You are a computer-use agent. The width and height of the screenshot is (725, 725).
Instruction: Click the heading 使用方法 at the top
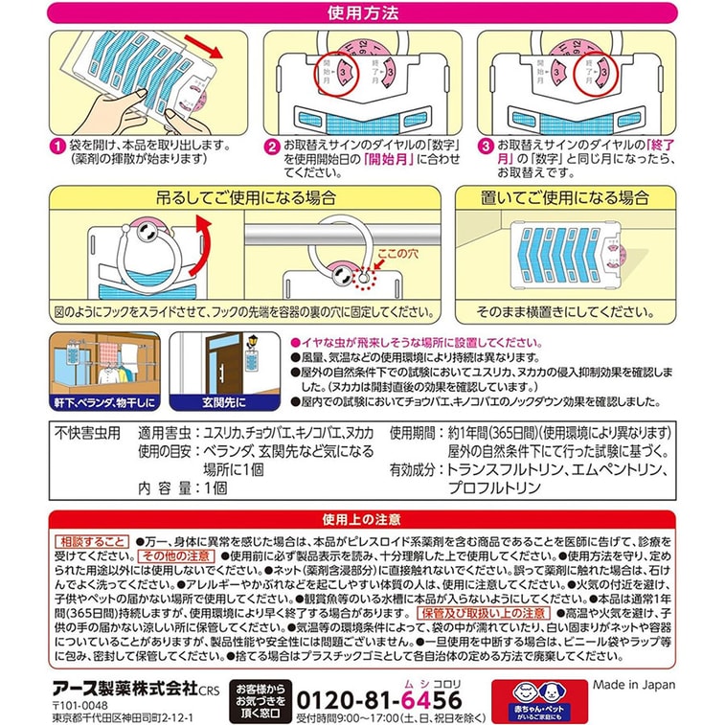point(362,13)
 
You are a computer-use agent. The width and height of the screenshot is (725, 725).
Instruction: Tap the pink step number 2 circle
point(272,146)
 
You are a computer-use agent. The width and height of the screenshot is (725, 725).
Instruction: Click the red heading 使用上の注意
point(362,518)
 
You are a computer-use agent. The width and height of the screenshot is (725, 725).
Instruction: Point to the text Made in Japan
point(633,685)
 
